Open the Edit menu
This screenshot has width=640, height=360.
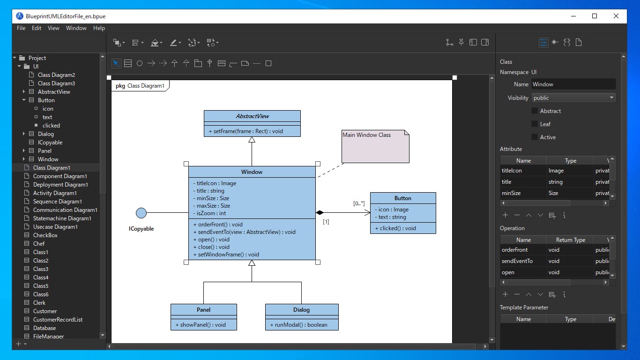pos(37,28)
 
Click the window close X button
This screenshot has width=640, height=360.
pos(616,16)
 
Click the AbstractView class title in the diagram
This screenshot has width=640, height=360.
pos(252,116)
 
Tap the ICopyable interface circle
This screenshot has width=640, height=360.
pos(141,213)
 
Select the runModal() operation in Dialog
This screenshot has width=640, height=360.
pos(298,324)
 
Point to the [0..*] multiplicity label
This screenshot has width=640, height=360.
pos(358,203)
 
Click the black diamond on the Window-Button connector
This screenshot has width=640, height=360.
pos(320,213)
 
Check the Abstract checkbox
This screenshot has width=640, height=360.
pos(535,111)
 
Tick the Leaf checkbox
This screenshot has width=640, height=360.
pos(535,124)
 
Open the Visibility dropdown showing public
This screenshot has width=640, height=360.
pos(573,98)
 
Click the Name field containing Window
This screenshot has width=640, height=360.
pos(573,84)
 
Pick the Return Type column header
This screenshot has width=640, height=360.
pos(570,240)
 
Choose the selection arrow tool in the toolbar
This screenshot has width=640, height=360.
pos(116,63)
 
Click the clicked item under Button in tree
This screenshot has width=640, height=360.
pos(51,126)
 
